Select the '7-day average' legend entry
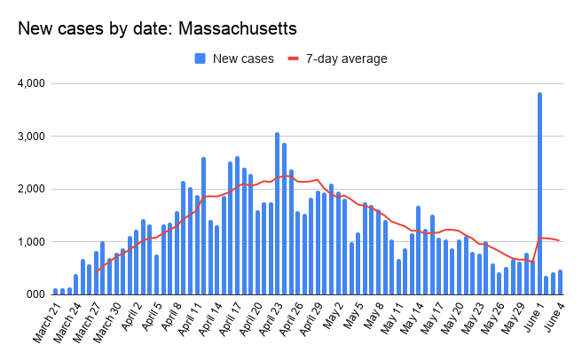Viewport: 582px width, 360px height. (x=347, y=59)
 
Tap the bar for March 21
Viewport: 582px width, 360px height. (x=55, y=291)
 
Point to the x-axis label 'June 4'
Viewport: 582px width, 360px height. (x=554, y=315)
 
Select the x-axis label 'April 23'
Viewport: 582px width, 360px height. (x=270, y=319)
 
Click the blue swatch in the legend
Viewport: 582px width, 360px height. (x=201, y=59)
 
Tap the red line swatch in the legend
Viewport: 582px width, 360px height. (x=294, y=59)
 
